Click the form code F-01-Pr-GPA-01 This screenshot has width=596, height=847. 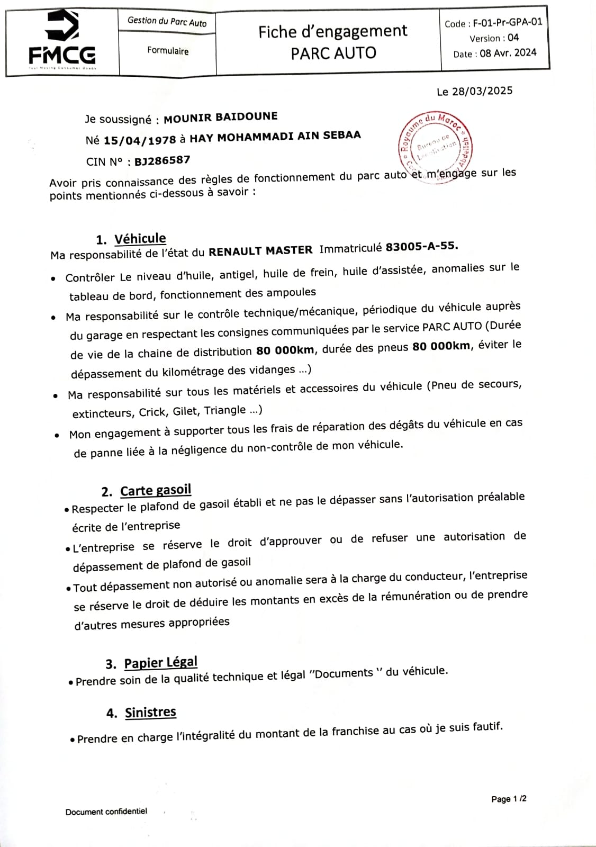coord(508,22)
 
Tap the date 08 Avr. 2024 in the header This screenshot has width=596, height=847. coord(508,53)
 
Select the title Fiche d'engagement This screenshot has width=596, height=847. coord(332,32)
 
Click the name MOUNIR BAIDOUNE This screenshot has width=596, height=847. coord(220,117)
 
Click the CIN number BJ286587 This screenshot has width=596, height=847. coord(162,160)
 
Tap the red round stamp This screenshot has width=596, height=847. coord(435,145)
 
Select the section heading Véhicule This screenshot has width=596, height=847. coord(140,238)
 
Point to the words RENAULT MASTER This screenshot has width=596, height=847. coord(260,251)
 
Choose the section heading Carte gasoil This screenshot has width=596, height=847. coord(155,490)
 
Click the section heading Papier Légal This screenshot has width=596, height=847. coord(160,663)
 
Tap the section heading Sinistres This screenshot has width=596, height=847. coord(150,713)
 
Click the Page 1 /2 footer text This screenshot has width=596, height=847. coord(508,799)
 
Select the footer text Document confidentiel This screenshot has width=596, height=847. coord(106,812)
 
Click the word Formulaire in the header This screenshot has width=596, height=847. coord(168,51)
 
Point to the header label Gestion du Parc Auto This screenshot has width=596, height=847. coord(167,21)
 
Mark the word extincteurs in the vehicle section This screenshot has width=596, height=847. coord(103,413)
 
